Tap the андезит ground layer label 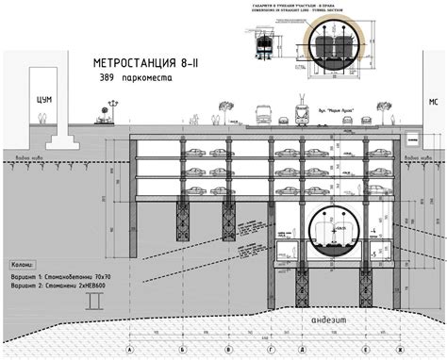click(330, 322)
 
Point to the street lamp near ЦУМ click(111, 111)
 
